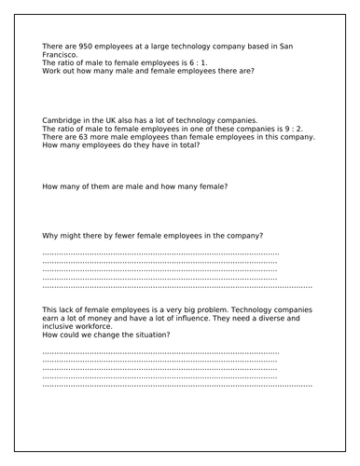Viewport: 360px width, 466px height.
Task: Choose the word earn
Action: point(52,317)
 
